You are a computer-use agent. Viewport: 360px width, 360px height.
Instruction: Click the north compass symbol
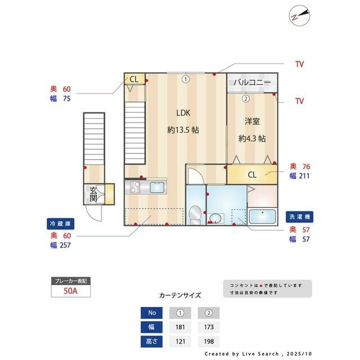[299, 16]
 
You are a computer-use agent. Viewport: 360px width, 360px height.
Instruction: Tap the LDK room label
[183, 112]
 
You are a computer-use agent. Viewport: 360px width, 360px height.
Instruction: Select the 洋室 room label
[252, 121]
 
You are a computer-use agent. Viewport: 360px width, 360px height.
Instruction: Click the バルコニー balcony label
[253, 82]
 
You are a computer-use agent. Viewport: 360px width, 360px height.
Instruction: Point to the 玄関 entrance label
[93, 194]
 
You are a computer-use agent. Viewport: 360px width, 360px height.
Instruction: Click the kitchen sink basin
[157, 187]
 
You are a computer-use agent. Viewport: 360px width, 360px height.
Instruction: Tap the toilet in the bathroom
[195, 215]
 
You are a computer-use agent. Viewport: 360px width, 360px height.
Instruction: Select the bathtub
[262, 216]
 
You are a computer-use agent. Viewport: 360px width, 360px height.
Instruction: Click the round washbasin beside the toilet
[215, 218]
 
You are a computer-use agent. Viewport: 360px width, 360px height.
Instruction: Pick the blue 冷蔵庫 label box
[61, 224]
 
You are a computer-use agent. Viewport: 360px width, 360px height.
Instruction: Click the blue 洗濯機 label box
[299, 217]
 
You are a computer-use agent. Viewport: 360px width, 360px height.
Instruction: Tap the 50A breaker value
[70, 291]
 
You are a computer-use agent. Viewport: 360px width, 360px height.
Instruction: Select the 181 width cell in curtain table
[180, 327]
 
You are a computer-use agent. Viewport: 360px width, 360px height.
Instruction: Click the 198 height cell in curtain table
[209, 341]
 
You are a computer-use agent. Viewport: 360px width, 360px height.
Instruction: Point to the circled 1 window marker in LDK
[186, 79]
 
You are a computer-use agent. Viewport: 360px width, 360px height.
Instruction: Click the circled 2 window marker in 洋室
[246, 99]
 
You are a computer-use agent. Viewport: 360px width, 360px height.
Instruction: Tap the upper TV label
[299, 64]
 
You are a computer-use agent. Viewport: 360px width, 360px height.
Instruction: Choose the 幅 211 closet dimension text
[300, 176]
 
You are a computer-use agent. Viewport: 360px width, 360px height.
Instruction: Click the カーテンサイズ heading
[180, 295]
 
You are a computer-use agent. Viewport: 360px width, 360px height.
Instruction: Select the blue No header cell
[152, 313]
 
